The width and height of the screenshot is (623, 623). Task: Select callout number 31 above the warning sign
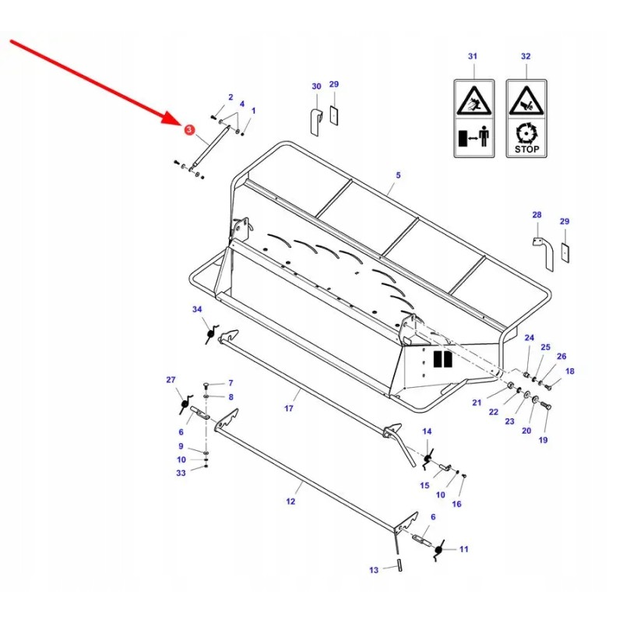coord(472,57)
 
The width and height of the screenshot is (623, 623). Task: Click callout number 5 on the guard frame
coord(397,175)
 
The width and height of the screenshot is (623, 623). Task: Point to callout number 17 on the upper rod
coord(289,407)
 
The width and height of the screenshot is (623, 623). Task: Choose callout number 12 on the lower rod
coord(290,502)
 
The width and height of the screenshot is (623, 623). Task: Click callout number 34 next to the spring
coord(197,309)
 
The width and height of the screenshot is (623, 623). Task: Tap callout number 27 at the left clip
coord(171,379)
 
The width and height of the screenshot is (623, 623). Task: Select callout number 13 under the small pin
coord(374,570)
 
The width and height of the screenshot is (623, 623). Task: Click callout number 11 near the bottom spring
coord(464,549)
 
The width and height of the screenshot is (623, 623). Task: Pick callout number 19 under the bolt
coord(544,440)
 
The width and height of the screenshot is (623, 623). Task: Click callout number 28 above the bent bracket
coord(537,214)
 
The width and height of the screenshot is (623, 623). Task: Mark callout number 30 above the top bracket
coord(316,86)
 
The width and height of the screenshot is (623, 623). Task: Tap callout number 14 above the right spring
coord(427,431)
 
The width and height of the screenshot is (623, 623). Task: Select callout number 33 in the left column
coord(181,473)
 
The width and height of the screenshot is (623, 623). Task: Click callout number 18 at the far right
coord(570,371)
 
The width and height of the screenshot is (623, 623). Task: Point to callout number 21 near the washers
coord(477,402)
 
